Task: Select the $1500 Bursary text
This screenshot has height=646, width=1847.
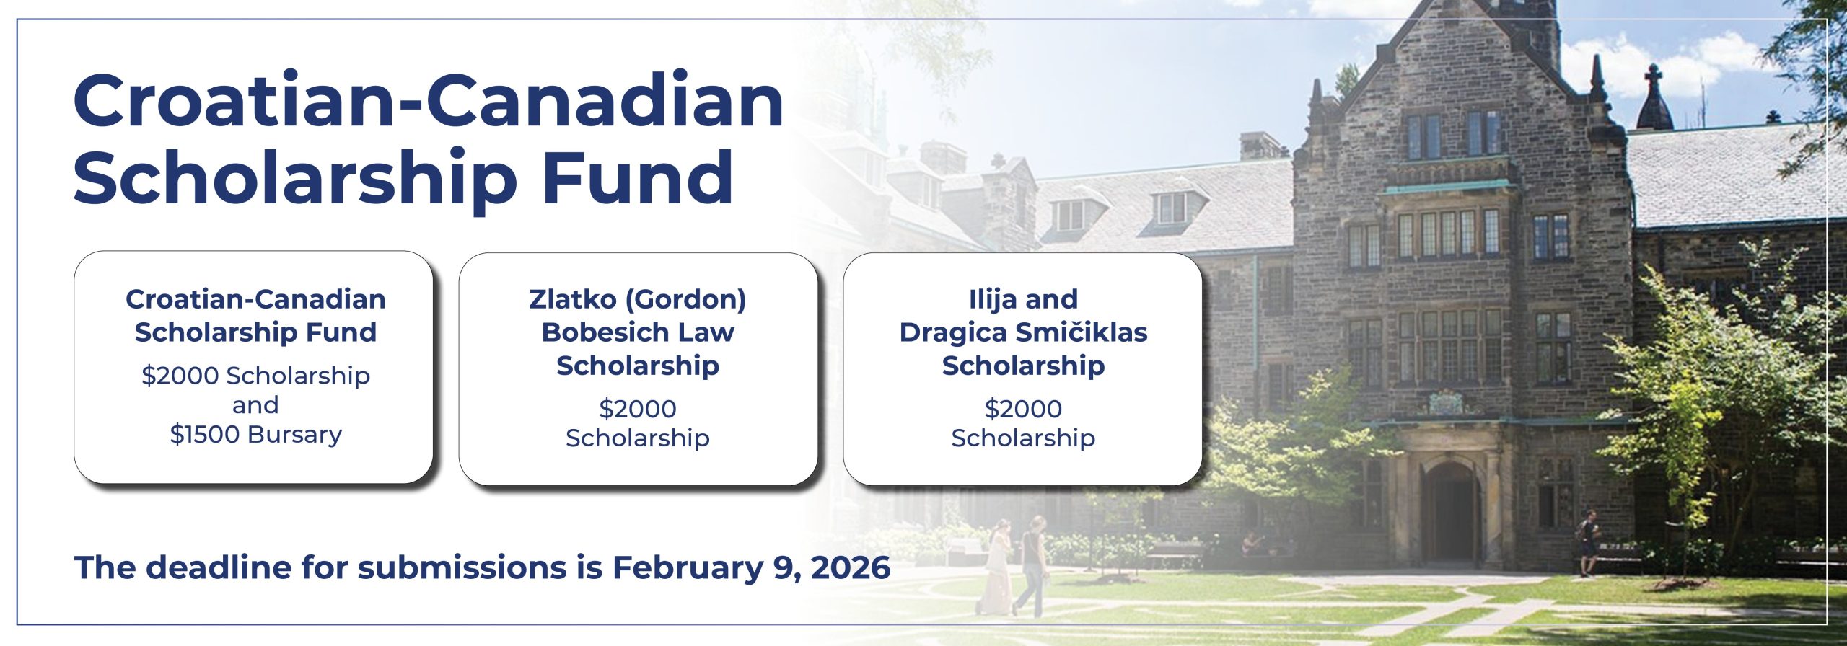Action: [x=255, y=434]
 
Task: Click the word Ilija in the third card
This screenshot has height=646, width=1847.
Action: [x=993, y=299]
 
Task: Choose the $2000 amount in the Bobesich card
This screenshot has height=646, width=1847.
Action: [x=638, y=409]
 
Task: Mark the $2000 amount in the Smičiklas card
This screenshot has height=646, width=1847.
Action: [x=1023, y=409]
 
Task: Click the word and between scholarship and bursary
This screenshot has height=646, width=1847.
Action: [x=255, y=405]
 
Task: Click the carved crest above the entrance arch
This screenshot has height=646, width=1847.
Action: [x=1446, y=402]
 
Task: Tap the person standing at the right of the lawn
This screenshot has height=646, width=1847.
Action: [x=1587, y=542]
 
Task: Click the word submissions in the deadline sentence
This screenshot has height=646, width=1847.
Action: [x=462, y=567]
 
